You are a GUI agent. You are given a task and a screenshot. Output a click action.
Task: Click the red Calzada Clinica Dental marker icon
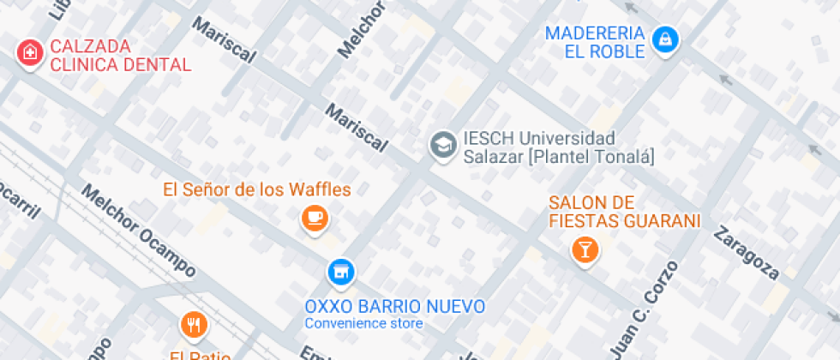pos(29,52)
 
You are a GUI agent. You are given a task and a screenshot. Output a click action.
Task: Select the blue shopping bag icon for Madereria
pos(665,39)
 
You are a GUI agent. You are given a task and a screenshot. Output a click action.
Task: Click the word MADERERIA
pos(595,33)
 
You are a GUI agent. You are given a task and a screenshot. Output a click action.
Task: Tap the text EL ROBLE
pos(604,51)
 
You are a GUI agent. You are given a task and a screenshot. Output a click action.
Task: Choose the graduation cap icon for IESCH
pos(443,145)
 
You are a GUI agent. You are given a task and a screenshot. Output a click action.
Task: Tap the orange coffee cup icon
pos(315,218)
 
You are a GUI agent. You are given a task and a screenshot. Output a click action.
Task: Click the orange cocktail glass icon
pos(586,249)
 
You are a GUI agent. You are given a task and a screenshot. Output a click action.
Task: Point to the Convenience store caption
pos(363,324)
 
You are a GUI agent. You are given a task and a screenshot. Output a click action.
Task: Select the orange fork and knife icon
pos(195,325)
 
